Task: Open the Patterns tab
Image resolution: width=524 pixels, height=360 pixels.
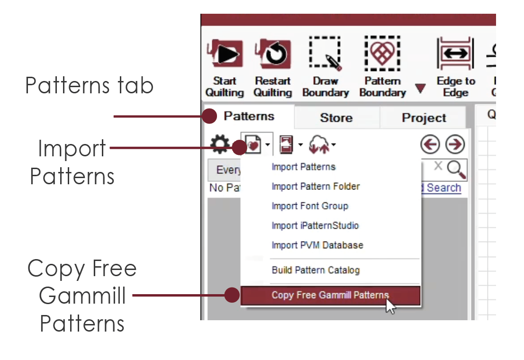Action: point(249,117)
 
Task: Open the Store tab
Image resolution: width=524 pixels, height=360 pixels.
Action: point(336,117)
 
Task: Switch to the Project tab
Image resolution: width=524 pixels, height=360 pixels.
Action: point(424,117)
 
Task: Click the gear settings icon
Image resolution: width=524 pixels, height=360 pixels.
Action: point(220,144)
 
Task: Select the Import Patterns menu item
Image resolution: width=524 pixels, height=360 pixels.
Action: point(303,167)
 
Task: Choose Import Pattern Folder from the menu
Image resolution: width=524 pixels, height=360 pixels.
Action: point(316,186)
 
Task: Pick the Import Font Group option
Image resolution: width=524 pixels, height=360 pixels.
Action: point(310,206)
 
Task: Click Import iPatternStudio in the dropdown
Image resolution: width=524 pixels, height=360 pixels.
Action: point(315,225)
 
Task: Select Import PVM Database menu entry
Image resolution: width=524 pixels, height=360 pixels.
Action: point(317,245)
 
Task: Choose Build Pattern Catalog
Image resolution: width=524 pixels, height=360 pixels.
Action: point(316,270)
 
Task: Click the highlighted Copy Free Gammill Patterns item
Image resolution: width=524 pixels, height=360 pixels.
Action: point(330,295)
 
